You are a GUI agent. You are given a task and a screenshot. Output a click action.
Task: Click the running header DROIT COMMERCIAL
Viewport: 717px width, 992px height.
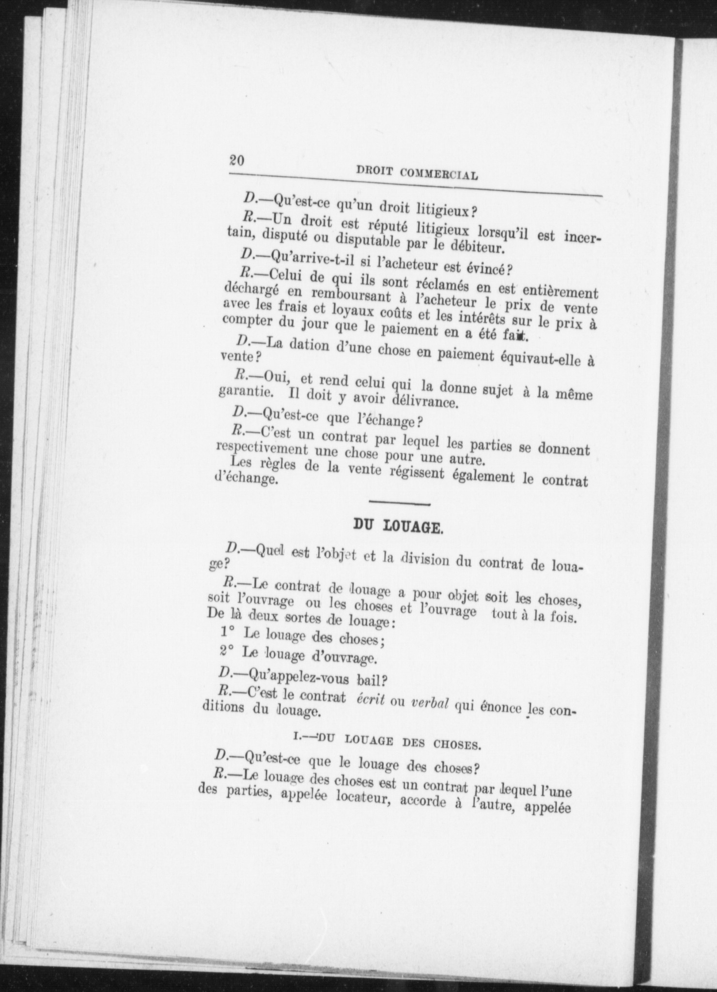(417, 172)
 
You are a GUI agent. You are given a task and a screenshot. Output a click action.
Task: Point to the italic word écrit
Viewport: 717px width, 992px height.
(370, 700)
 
